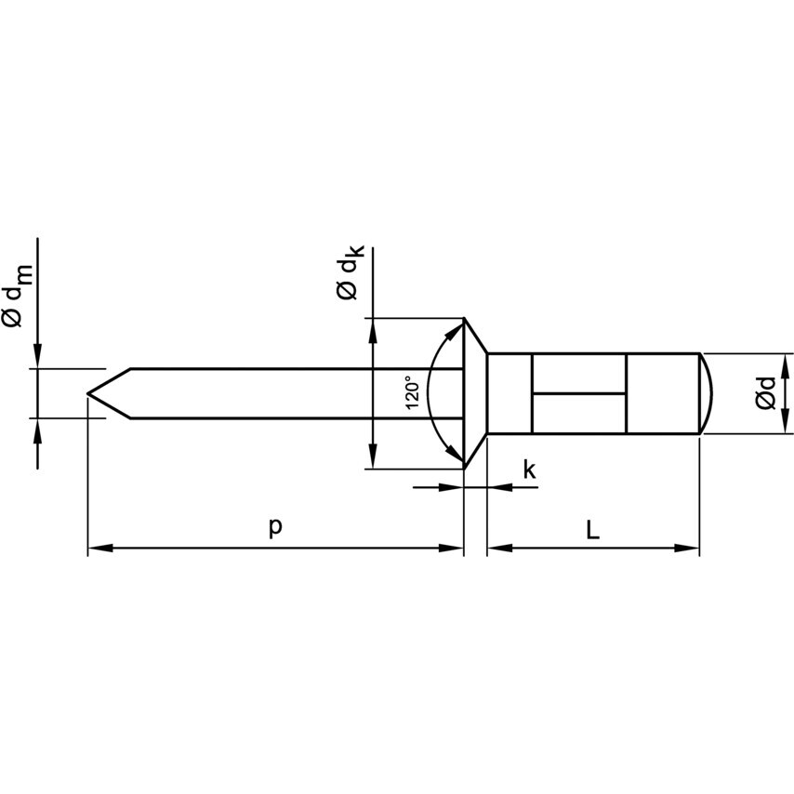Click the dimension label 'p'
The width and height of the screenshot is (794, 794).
point(275,526)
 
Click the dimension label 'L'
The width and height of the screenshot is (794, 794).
point(593,529)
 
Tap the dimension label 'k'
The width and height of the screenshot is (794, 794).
point(529,470)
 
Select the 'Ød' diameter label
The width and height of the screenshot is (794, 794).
point(765,393)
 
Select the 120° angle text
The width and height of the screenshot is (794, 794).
point(413,393)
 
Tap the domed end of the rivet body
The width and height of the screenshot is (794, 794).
point(708,393)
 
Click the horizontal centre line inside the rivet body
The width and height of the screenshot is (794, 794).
point(578,392)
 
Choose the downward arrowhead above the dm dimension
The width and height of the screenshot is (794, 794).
point(37,357)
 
